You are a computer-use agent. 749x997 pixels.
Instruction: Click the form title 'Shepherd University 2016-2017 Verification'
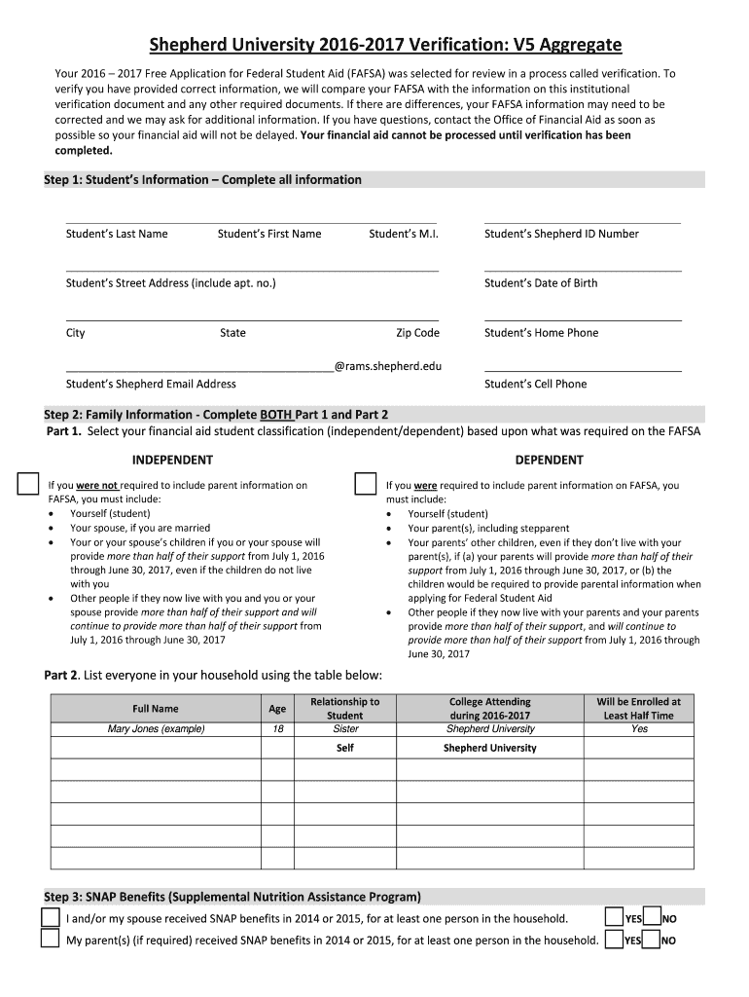coord(385,45)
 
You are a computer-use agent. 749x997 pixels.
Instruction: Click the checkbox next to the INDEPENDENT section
coord(28,484)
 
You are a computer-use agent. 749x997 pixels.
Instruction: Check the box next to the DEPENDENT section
coord(365,484)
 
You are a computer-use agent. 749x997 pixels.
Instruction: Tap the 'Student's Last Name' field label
coord(117,234)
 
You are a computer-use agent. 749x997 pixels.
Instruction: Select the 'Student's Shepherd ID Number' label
coord(561,234)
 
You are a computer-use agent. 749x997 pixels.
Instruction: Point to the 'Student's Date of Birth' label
coord(541,283)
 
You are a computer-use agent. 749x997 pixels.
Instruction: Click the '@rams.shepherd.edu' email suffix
coord(387,366)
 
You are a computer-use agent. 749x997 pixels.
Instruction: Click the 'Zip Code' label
coord(417,333)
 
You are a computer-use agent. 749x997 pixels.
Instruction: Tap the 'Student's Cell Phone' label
coord(535,384)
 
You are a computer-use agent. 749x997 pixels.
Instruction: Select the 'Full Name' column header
coord(156,709)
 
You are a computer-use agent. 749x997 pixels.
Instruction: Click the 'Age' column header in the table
coord(277,709)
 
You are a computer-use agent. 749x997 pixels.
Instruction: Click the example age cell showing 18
coord(277,728)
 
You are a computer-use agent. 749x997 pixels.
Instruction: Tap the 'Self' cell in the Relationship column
coord(344,748)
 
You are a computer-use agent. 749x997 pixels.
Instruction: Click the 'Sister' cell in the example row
coord(344,728)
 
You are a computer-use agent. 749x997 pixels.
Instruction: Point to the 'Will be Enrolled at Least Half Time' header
coord(638,708)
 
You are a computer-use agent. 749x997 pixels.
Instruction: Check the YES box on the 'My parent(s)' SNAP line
coord(614,940)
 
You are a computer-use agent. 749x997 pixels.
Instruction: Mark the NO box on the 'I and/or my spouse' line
coord(652,917)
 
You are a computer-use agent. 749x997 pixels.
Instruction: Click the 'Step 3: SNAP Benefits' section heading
coord(232,897)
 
